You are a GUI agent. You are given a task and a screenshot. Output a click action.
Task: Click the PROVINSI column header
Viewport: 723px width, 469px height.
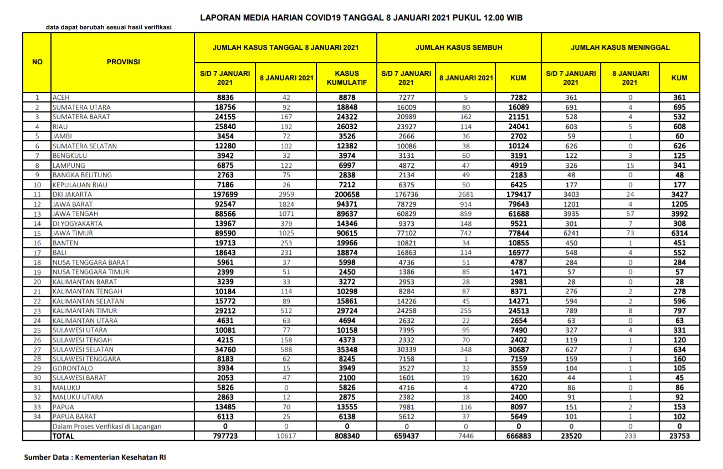(x=122, y=62)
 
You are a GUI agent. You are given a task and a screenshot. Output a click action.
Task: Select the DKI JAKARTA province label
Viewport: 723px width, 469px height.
(x=72, y=195)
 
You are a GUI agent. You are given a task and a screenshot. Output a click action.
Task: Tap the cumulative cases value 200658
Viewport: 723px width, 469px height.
(x=346, y=195)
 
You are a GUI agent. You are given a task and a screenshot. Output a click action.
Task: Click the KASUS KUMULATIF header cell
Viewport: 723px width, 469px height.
(x=346, y=78)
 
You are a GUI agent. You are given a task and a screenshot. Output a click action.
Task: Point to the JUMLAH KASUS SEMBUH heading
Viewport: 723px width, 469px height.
(x=459, y=48)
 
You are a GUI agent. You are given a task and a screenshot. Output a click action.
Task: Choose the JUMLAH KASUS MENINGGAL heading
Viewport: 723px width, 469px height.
(x=620, y=48)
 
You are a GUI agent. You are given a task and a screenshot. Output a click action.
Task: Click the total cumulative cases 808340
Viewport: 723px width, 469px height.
(x=346, y=436)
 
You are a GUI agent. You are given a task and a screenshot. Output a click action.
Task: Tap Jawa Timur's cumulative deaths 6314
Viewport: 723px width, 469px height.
(x=679, y=234)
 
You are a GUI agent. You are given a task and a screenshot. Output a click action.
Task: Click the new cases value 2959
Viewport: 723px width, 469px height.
(x=286, y=195)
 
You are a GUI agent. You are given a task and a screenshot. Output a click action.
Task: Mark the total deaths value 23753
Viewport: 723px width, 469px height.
(x=679, y=436)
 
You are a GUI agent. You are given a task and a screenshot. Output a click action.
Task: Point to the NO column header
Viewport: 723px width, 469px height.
(x=37, y=62)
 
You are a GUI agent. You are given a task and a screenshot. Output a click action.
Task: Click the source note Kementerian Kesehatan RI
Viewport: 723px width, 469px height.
(x=95, y=458)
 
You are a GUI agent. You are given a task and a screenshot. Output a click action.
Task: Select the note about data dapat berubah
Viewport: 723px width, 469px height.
(x=109, y=27)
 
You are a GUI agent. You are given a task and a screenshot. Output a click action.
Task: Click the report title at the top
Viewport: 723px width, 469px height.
(x=361, y=18)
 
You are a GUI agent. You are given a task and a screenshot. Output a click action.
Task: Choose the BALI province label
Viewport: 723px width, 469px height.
(x=60, y=253)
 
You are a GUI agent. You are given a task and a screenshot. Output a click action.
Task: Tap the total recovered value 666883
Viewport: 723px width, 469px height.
(x=518, y=436)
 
